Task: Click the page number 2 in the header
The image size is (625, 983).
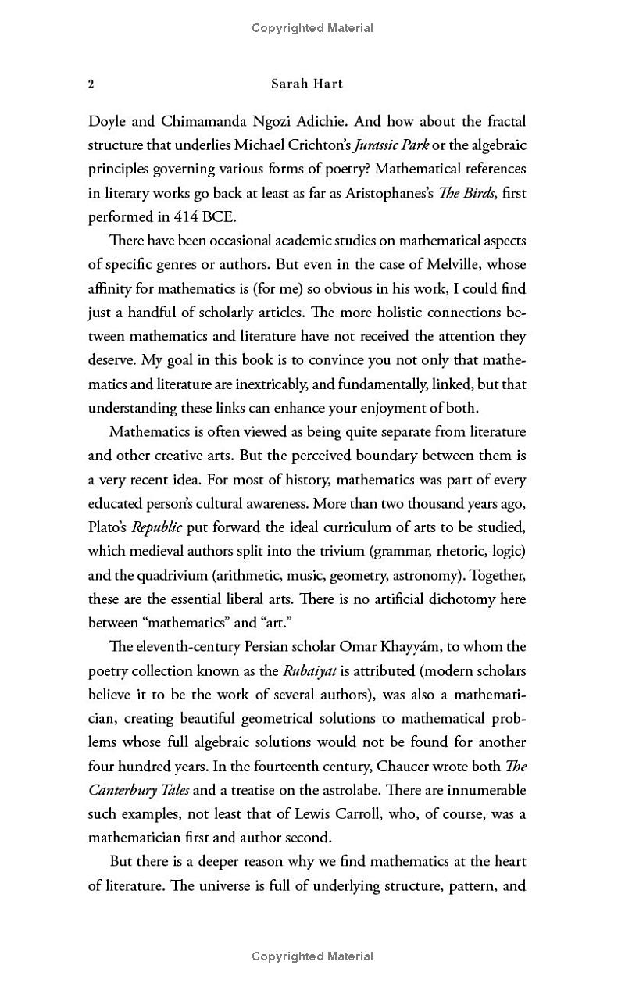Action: click(x=91, y=84)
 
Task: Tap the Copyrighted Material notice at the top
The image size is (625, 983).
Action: click(x=312, y=28)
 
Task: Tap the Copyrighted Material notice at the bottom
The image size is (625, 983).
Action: click(x=312, y=956)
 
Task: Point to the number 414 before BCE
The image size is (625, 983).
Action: click(x=162, y=216)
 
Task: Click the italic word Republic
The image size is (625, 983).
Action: click(x=156, y=527)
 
